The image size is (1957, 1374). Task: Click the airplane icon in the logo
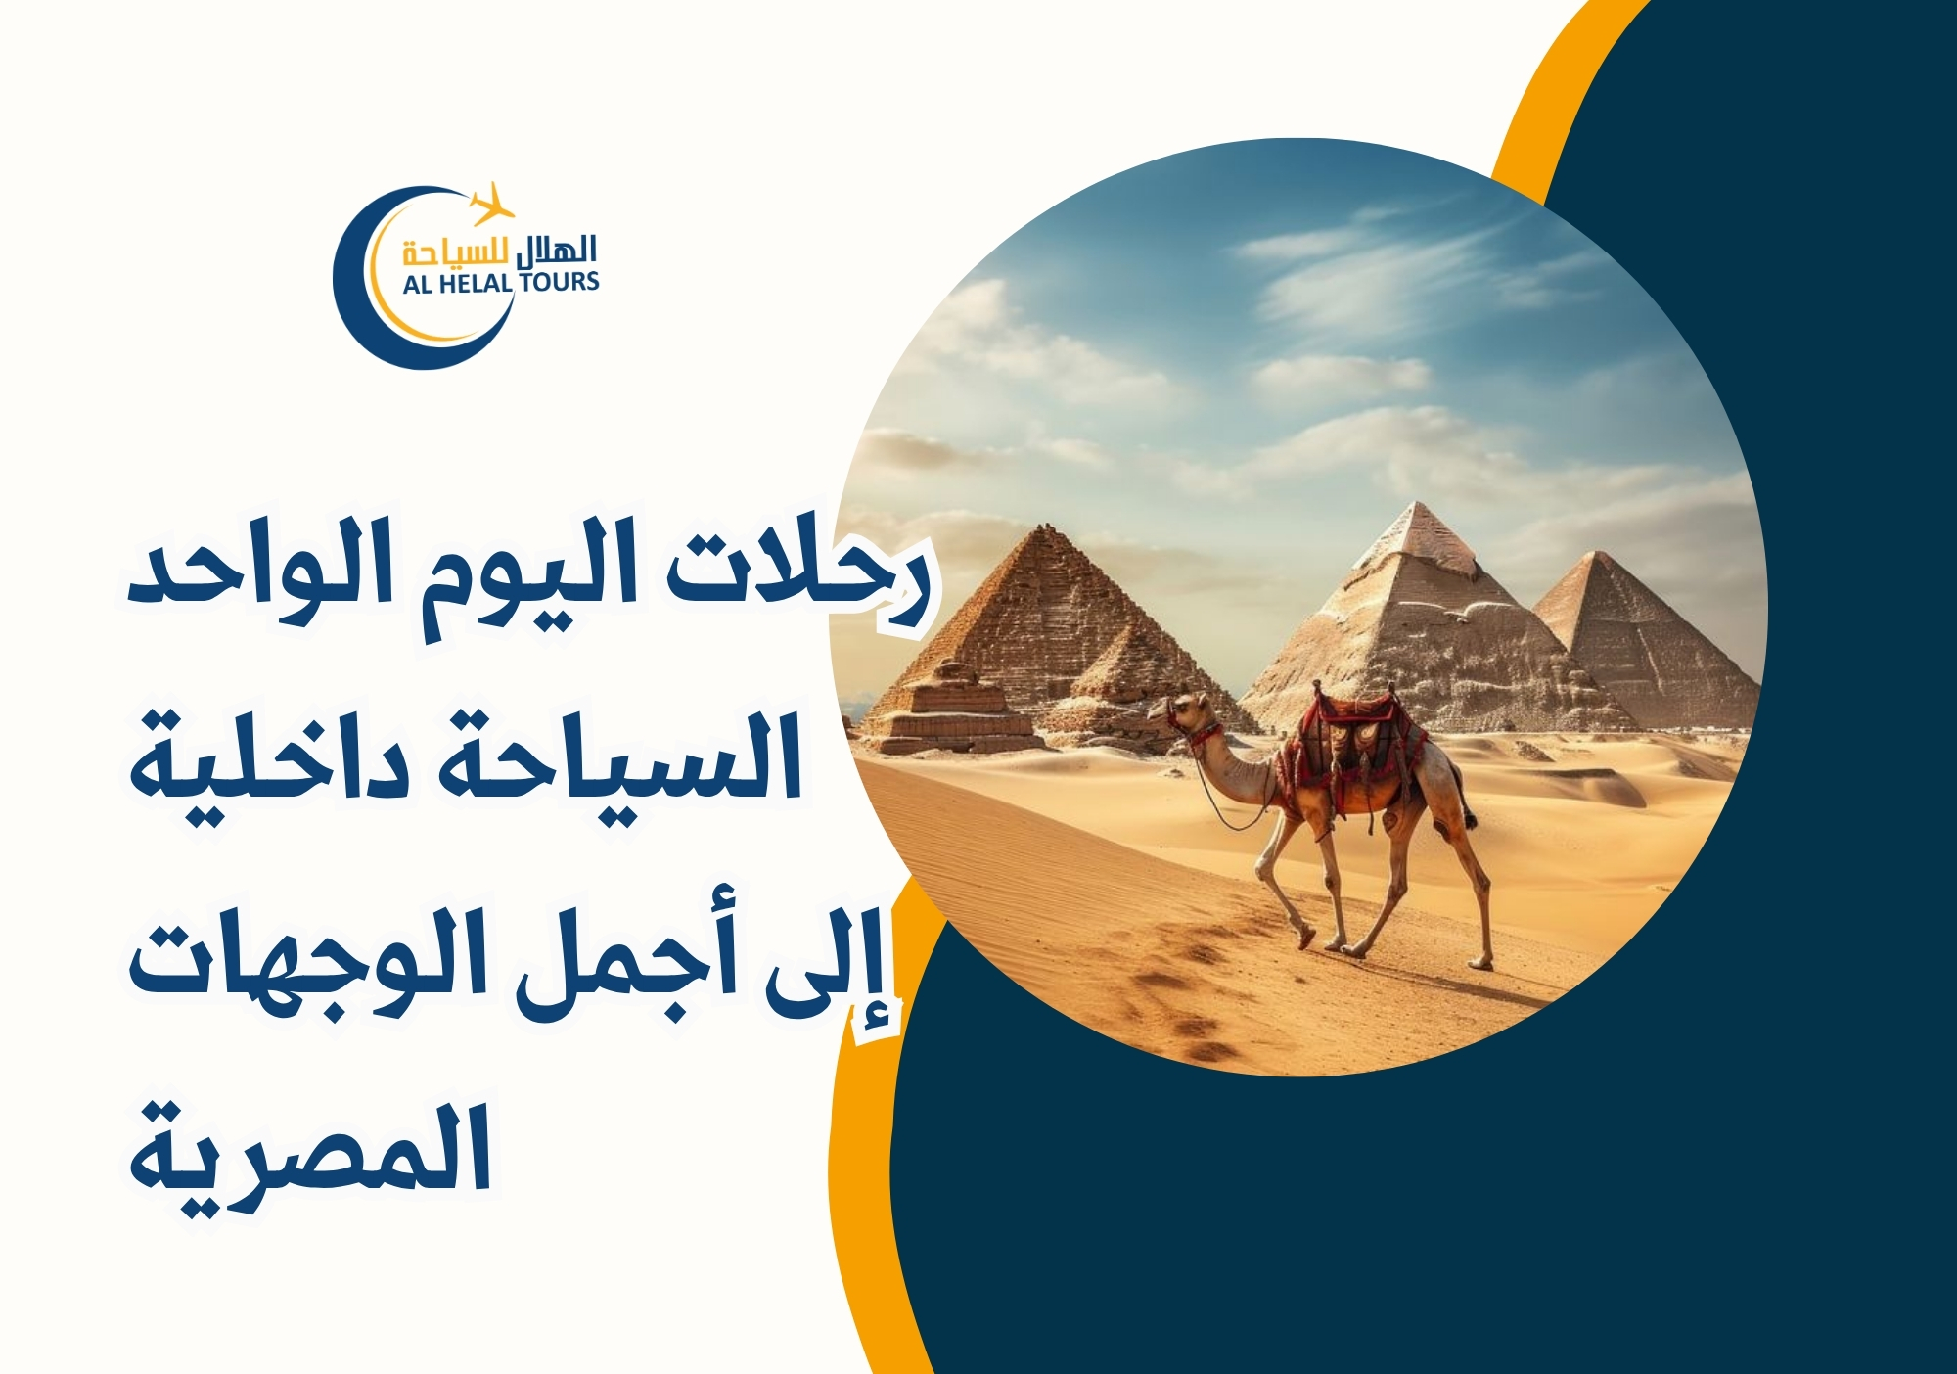pos(491,204)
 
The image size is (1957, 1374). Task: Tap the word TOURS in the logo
pos(559,282)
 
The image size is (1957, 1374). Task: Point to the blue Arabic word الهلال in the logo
pos(556,252)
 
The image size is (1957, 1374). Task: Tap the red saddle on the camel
pos(1355,734)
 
